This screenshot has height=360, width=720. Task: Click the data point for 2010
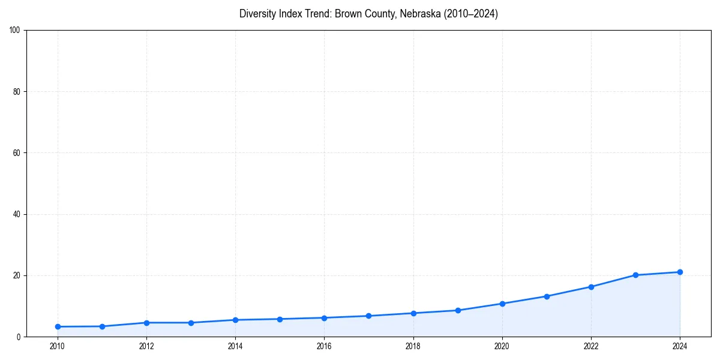point(58,326)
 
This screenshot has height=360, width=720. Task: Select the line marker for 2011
point(102,326)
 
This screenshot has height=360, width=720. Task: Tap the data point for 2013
point(191,323)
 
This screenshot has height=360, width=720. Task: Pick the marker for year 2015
point(280,319)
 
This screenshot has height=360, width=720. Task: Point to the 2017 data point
point(368,316)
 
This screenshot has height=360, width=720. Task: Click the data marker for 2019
point(458,310)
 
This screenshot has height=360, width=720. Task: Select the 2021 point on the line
point(547,296)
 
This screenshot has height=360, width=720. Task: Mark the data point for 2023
point(635,275)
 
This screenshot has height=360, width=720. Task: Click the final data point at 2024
point(680,272)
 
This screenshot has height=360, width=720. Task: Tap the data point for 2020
point(502,304)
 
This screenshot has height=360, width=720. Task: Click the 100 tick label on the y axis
point(15,30)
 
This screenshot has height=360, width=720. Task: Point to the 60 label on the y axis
point(17,153)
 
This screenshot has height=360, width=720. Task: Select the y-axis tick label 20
point(17,275)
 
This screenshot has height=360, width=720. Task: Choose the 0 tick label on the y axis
point(19,337)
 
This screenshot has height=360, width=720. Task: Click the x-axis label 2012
point(146,346)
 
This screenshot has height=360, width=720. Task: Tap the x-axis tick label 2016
point(324,346)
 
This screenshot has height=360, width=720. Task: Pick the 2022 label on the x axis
point(591,346)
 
